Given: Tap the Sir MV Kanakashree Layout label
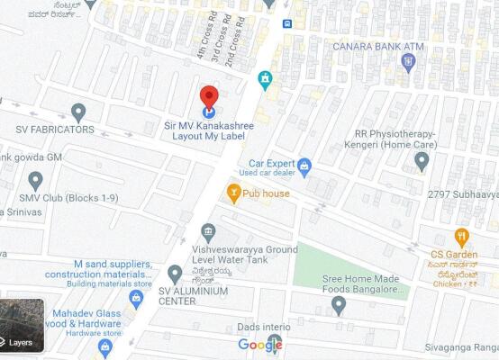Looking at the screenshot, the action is coord(208,130).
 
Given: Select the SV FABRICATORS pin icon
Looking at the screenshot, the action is coord(78,112).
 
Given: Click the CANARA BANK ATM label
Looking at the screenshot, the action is coord(377,46).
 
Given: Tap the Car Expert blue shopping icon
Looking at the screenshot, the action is coord(304,166).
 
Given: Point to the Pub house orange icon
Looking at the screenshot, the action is coord(234,193).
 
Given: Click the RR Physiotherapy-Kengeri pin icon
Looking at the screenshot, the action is coord(422,160).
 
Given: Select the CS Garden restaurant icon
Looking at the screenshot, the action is coord(462,237).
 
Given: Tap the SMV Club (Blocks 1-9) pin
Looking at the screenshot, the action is coord(35,180).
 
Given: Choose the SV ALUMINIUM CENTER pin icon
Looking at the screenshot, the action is coord(175,273).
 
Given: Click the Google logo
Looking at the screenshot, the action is coord(260,345).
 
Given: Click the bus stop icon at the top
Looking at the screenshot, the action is coord(286,23).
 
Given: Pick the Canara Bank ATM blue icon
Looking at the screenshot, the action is coord(408,62).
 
